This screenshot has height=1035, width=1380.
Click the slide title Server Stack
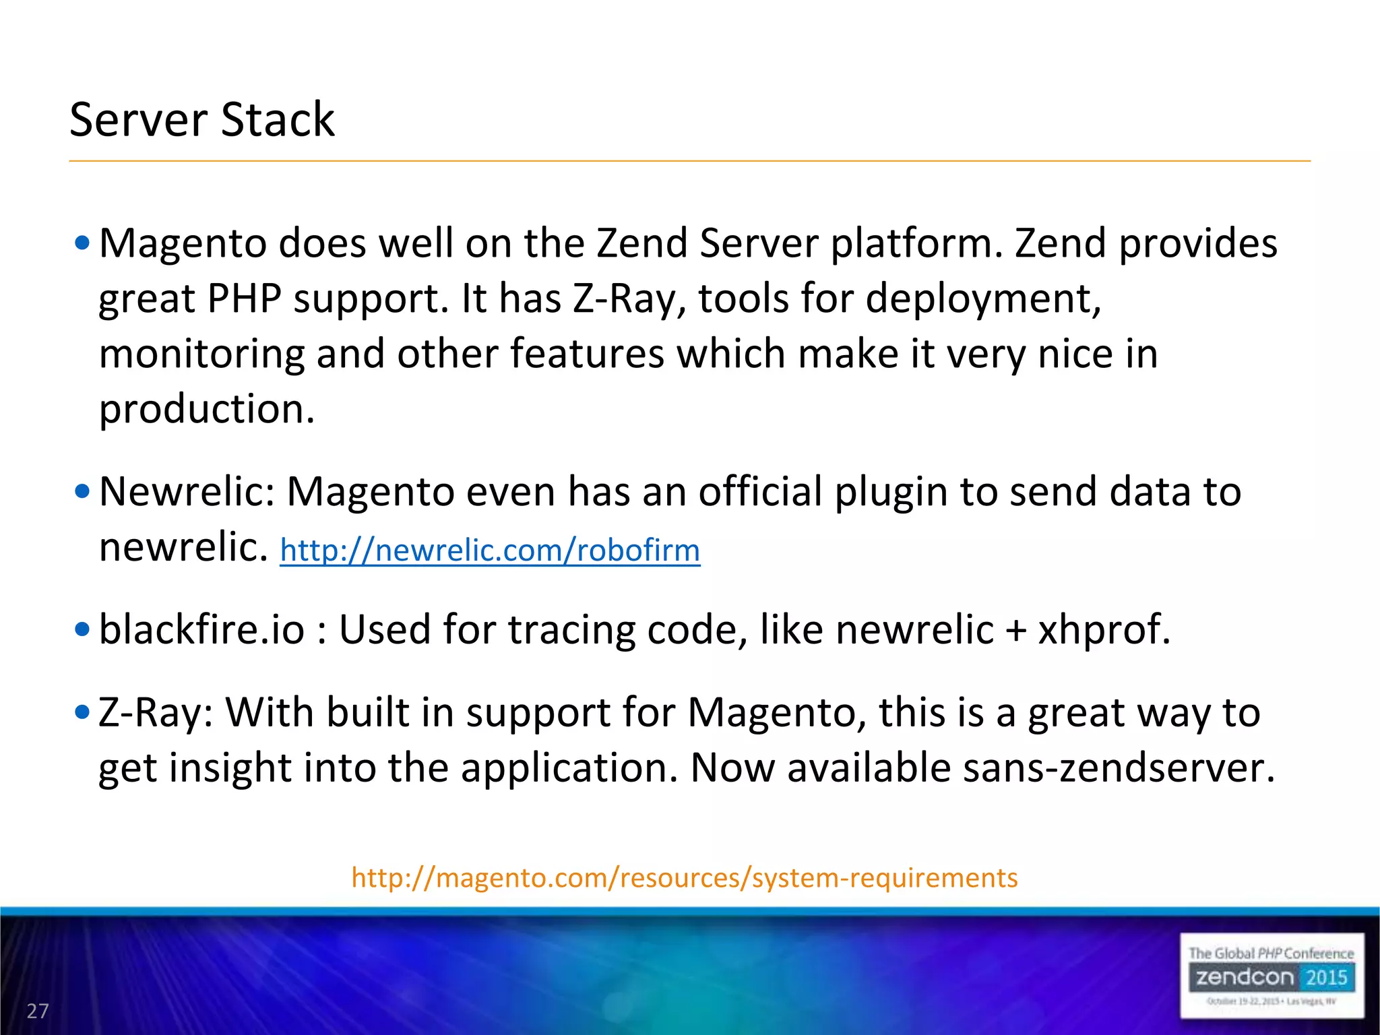(202, 120)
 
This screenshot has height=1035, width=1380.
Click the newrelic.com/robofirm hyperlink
(490, 551)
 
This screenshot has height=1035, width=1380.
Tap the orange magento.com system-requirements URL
(684, 878)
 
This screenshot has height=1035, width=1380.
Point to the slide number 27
(38, 1011)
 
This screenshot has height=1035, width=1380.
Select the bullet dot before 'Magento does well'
(82, 243)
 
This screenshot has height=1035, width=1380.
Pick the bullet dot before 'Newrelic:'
(82, 492)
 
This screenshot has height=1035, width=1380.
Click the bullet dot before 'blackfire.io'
(82, 630)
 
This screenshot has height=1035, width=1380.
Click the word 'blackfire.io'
(201, 630)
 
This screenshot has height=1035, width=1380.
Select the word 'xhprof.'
(1104, 630)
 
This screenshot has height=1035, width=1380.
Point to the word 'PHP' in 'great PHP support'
(244, 299)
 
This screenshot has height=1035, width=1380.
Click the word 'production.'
(207, 410)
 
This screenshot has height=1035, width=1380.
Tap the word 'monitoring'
(201, 354)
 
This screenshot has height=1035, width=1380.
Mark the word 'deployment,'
(983, 299)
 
